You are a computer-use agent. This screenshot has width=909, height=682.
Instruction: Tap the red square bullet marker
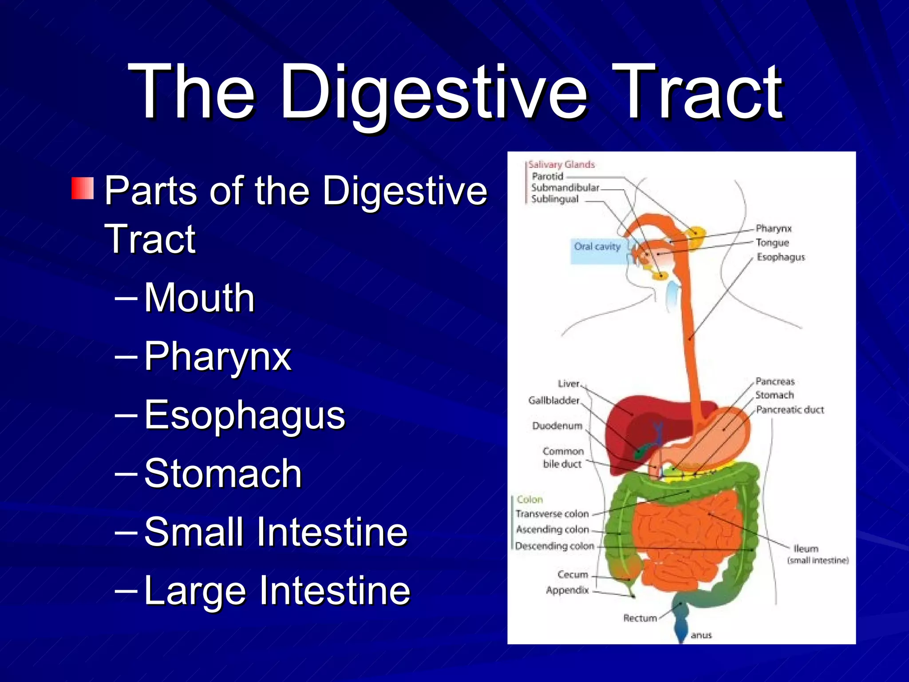83,188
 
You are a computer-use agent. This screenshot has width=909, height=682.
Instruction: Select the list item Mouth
199,297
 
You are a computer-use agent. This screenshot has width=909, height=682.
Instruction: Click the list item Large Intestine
277,590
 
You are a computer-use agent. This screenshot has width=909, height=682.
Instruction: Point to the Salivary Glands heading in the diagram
561,164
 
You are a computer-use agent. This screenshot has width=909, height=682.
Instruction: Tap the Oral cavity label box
597,247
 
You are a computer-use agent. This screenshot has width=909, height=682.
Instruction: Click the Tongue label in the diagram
772,242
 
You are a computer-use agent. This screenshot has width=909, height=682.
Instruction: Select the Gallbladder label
553,400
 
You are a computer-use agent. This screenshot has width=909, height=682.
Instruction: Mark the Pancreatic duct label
790,409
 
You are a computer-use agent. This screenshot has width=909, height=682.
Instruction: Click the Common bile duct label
562,457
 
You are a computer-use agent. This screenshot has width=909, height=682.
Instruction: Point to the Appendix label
567,590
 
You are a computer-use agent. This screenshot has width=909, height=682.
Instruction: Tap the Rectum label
640,618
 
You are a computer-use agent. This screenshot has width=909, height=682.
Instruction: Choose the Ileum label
806,549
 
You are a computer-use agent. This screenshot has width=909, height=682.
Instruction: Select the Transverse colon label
552,514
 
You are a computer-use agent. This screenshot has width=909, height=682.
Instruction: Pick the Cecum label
573,575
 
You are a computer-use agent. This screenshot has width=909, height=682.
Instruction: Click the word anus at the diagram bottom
701,635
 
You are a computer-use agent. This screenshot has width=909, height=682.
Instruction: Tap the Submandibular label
565,187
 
